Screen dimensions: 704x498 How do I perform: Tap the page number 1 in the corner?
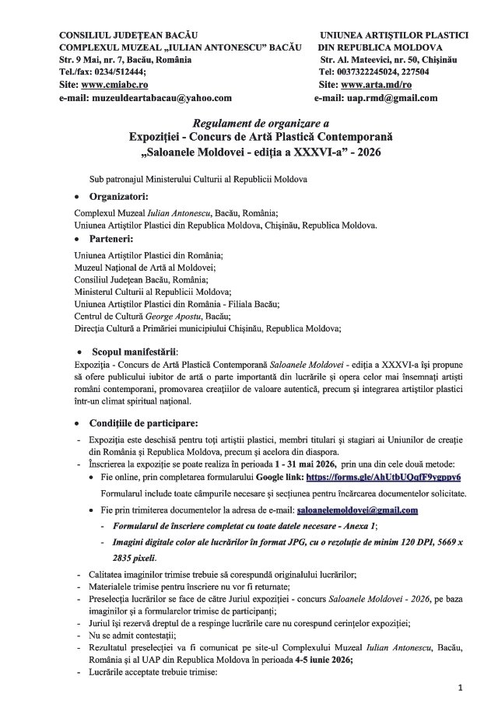(x=460, y=688)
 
